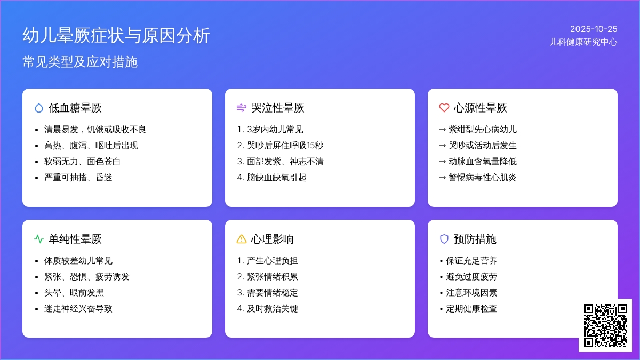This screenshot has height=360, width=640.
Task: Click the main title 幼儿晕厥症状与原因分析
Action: point(116,35)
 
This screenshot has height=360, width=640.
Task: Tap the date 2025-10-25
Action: point(594,29)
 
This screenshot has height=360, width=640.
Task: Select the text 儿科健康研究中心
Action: point(583,42)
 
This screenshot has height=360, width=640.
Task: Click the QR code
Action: point(605,325)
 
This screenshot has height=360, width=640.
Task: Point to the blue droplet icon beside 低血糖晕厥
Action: point(39,108)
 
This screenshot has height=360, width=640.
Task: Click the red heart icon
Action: point(444,108)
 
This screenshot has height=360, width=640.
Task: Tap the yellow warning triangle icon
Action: point(242,239)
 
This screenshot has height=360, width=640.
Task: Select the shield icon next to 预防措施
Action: point(444,239)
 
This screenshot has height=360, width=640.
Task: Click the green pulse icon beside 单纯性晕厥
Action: point(39,239)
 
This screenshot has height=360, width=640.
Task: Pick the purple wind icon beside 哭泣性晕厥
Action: point(242,108)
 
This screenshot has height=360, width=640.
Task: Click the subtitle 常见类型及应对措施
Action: point(80,62)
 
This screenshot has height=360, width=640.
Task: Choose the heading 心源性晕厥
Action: point(480,108)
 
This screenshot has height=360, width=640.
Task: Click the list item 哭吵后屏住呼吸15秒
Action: point(285,146)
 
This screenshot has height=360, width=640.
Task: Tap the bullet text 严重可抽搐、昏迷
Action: point(78,178)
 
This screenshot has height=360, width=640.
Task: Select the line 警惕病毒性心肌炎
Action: point(482,178)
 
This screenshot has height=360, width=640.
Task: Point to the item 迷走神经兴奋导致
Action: point(78,309)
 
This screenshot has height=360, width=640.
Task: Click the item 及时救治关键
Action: point(273,309)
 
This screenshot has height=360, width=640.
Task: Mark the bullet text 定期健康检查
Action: point(471,309)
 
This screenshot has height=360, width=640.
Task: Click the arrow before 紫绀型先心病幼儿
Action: point(442,130)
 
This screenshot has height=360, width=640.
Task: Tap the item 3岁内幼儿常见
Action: point(275,130)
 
